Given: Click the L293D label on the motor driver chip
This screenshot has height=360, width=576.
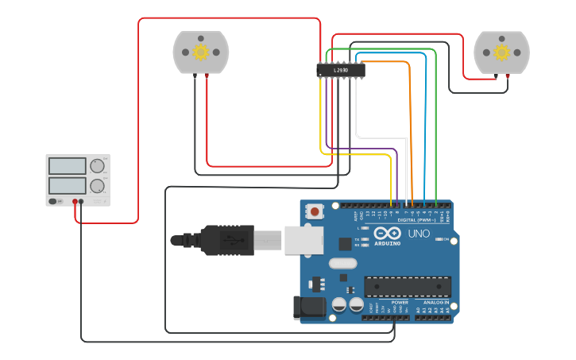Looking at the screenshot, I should (x=341, y=70).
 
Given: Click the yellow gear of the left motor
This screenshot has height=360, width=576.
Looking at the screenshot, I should (x=200, y=52).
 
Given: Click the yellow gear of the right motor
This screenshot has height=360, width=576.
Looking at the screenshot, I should (x=501, y=52).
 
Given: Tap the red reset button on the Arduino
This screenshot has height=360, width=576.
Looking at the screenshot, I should (x=316, y=212).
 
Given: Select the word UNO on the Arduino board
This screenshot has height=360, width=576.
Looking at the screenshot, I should (x=419, y=234).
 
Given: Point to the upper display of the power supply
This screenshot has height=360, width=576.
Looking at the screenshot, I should (x=68, y=166).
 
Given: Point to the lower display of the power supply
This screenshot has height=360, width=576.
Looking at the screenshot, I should (x=68, y=186).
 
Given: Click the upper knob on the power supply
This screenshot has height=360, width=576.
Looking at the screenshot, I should (x=97, y=165).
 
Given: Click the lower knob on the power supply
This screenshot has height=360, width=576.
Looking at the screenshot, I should (x=97, y=186).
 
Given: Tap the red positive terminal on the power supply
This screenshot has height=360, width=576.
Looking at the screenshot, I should (x=75, y=202).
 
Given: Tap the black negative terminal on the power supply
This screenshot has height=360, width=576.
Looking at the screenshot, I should (x=82, y=202).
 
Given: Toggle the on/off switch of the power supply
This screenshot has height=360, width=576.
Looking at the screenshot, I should (x=53, y=201).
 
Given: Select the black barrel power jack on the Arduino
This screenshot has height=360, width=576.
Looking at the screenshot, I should (x=308, y=308).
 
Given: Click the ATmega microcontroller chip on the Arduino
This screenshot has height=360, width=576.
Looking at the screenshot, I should (x=408, y=287).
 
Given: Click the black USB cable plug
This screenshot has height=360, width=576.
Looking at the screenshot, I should (x=226, y=240).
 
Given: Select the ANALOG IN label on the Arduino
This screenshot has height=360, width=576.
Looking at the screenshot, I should (x=435, y=303).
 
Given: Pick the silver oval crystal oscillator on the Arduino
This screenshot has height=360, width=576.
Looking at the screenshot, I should (x=342, y=264).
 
